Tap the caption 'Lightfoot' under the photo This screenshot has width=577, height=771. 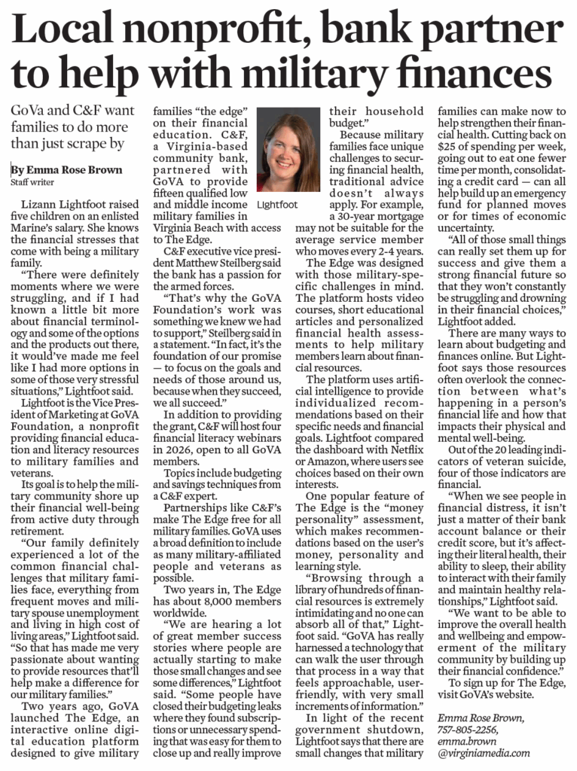click(276, 204)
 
